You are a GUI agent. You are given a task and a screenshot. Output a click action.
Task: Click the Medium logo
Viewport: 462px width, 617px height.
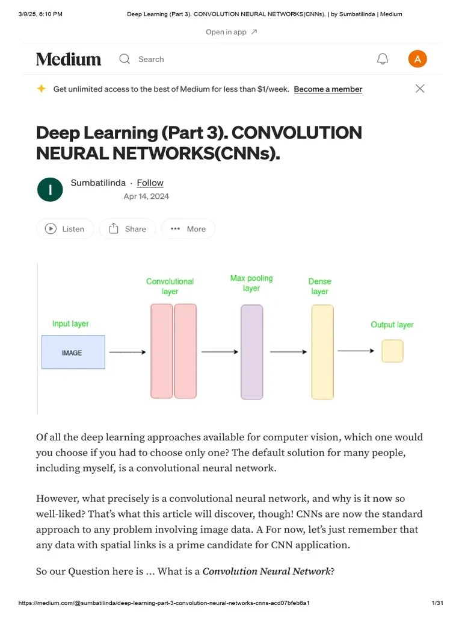click(69, 59)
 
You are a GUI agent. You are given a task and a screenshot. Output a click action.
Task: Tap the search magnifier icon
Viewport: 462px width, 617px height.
click(125, 59)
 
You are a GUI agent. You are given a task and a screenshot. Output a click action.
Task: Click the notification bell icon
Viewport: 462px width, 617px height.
click(383, 59)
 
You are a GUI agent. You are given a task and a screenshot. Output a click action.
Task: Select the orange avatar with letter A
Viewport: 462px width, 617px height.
click(417, 59)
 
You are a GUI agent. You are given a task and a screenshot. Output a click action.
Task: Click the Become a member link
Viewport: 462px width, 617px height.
click(328, 89)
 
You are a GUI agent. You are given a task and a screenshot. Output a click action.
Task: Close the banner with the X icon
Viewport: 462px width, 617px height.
click(420, 89)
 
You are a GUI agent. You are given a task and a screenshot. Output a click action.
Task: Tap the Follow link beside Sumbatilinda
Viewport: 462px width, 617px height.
click(150, 183)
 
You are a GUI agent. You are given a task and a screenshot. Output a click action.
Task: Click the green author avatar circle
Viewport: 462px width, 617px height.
click(50, 190)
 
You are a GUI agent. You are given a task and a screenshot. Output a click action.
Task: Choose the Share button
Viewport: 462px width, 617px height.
click(128, 229)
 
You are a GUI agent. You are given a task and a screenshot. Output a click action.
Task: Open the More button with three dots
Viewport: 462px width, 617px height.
click(188, 229)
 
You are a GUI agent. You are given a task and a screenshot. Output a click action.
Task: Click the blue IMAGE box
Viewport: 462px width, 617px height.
click(73, 352)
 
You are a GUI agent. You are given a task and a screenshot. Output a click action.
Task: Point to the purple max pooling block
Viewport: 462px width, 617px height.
click(251, 352)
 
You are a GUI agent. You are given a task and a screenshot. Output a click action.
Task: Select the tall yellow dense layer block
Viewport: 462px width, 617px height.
click(322, 352)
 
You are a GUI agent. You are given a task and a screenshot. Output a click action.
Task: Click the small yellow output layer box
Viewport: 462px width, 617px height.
click(392, 351)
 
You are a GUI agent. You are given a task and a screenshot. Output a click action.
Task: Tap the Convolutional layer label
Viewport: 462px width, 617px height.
click(170, 286)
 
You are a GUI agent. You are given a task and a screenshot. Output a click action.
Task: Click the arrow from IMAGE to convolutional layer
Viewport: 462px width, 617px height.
click(127, 352)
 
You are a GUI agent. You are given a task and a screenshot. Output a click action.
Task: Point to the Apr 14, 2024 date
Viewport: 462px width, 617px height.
click(146, 196)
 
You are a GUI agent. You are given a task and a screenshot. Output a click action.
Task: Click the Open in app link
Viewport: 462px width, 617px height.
click(231, 32)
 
